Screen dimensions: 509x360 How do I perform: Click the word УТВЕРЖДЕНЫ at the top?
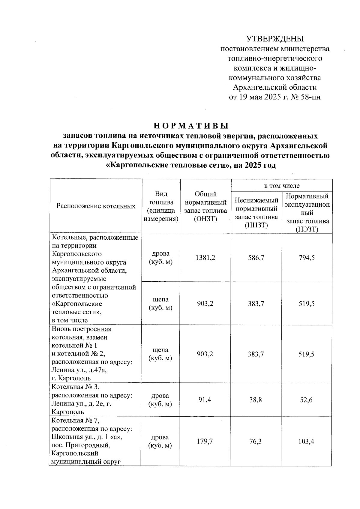pos(275,39)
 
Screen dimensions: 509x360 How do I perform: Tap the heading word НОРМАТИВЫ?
pos(191,125)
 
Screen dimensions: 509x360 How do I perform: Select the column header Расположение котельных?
pos(96,206)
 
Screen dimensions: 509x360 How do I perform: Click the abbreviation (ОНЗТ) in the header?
pos(205,219)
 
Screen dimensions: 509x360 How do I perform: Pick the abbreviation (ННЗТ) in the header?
pos(256,225)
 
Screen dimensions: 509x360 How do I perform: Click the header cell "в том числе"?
pos(282,186)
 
